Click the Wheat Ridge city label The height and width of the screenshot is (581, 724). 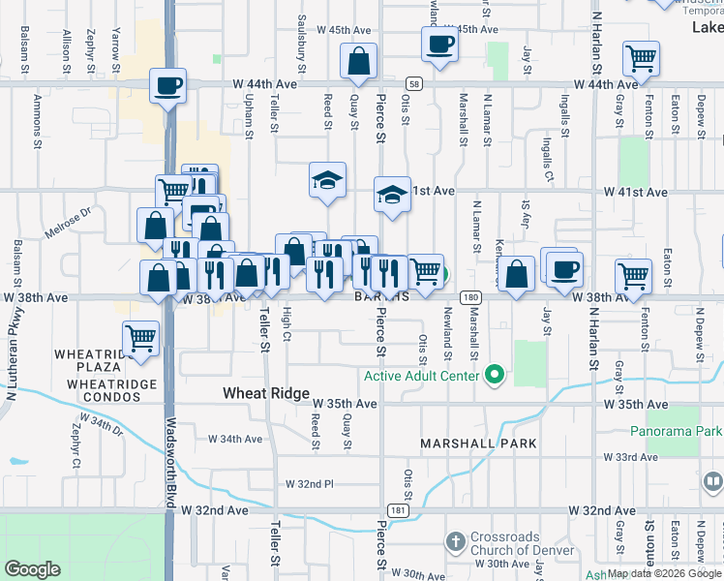(x=266, y=394)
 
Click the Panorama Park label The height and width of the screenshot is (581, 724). (x=677, y=430)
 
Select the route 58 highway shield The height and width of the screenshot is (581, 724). (x=413, y=85)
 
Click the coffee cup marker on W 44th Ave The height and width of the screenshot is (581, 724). (x=167, y=86)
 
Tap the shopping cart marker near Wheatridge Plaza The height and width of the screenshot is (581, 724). (x=141, y=339)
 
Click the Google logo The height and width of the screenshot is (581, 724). (x=33, y=569)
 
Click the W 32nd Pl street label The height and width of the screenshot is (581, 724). (x=309, y=483)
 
